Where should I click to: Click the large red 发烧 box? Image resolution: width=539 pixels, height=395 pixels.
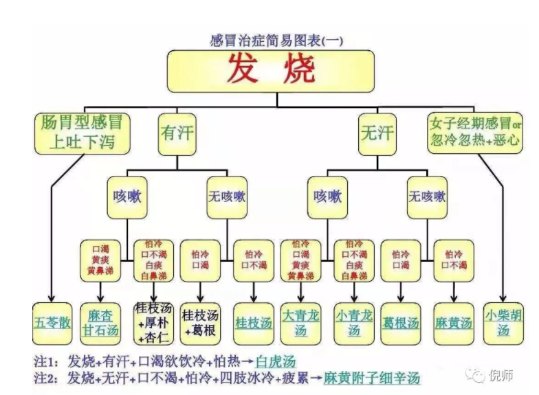(x=271, y=70)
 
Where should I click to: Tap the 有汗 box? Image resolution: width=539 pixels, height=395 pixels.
(x=176, y=133)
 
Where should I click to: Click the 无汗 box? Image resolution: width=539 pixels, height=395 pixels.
(x=377, y=133)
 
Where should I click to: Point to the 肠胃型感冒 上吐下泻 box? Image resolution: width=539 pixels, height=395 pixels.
(x=82, y=133)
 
